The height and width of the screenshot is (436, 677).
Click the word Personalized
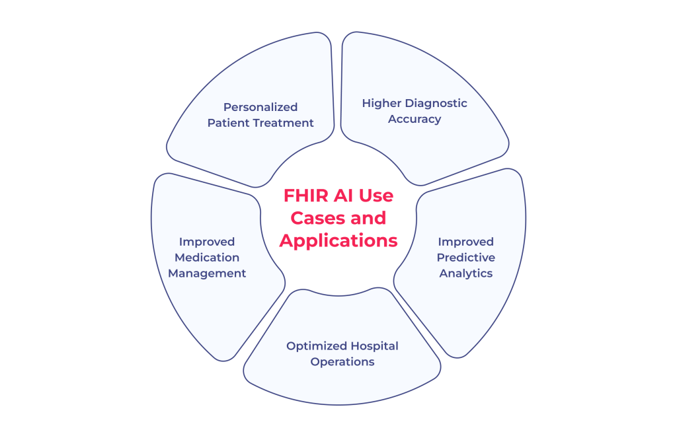click(260, 107)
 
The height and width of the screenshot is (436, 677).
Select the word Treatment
click(283, 123)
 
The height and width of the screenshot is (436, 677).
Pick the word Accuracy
click(415, 119)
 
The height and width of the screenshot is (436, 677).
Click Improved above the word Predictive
click(465, 242)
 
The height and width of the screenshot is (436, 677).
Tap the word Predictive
click(465, 258)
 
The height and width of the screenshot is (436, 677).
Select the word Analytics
click(465, 273)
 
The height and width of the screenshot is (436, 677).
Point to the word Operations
click(342, 361)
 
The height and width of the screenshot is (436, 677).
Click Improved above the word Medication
click(206, 242)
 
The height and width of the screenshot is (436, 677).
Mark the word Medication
click(206, 258)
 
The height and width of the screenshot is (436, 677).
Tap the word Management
click(206, 273)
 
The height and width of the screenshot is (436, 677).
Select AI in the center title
click(347, 196)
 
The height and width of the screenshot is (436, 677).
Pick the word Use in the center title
click(376, 196)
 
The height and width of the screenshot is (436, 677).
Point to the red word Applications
click(338, 240)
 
